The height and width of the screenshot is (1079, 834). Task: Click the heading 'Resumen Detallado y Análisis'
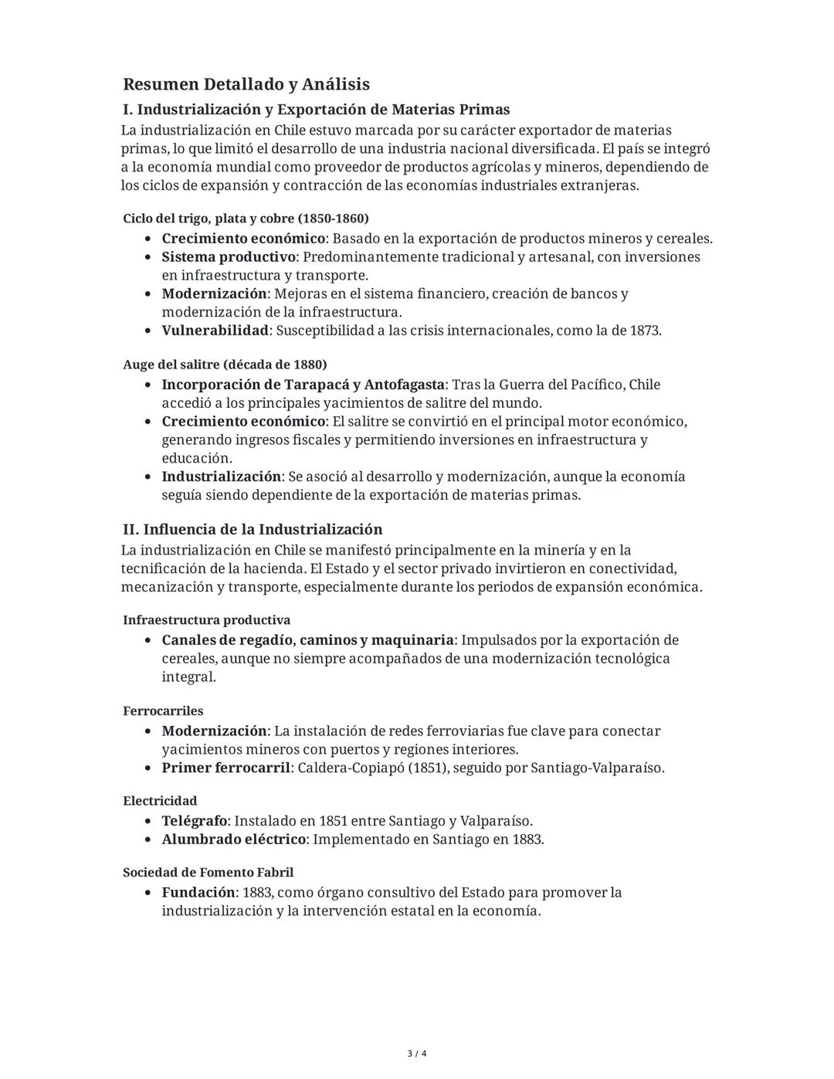pos(246,84)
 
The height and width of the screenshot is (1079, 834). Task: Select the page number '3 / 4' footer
pos(417,1054)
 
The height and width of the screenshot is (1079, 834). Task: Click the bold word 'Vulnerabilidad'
pos(215,331)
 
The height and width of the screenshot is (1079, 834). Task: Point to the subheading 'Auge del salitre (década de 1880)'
pos(225,364)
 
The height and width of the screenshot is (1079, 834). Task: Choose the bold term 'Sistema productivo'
pos(229,256)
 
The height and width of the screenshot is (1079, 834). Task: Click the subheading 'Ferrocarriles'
pos(163,711)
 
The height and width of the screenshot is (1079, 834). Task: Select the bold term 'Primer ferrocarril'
pos(225,768)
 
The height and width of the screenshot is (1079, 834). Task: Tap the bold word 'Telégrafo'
pos(195,821)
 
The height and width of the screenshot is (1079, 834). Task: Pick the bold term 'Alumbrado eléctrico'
pos(233,840)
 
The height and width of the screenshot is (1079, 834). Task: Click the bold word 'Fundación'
pos(198,893)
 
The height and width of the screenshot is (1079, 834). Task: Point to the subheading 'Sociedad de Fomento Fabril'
pos(208,873)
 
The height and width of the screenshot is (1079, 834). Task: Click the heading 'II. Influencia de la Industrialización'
pos(253,529)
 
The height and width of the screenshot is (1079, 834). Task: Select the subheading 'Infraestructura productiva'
pos(206,620)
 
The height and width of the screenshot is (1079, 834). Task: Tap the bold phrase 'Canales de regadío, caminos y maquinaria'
pos(307,640)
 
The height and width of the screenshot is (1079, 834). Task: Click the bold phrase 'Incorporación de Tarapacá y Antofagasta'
pos(303,385)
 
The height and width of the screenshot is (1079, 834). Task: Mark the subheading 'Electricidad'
pos(160,801)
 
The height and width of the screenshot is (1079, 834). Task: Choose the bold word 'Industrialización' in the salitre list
pos(221,477)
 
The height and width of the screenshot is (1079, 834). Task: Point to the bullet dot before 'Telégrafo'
pos(148,822)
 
